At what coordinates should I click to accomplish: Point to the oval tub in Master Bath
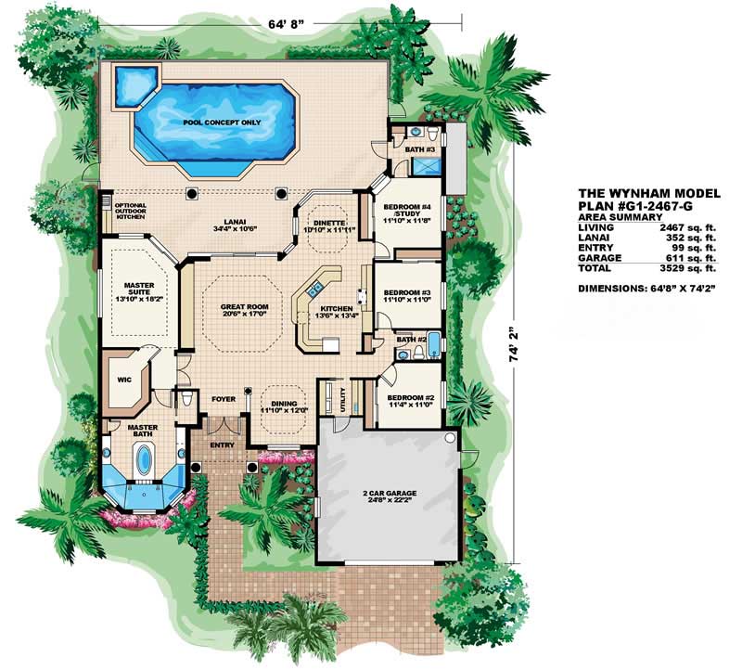pyautogui.click(x=145, y=460)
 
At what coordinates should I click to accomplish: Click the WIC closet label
pyautogui.click(x=122, y=379)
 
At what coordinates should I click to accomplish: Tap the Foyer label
pyautogui.click(x=222, y=400)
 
